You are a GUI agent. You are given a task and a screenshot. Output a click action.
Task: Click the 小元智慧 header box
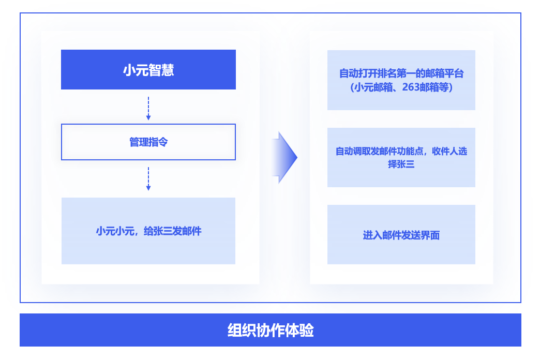[x=148, y=70]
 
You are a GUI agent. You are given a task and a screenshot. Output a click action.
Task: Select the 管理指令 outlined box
[x=148, y=142]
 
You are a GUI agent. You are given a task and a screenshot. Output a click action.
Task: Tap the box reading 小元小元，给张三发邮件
[x=148, y=231]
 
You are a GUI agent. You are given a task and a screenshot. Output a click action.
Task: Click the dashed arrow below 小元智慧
[x=148, y=109]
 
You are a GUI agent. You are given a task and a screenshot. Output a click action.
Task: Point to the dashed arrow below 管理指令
[x=148, y=179]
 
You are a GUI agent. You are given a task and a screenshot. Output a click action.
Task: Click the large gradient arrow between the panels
[x=284, y=157]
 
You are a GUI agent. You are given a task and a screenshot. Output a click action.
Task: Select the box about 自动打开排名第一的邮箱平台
[x=401, y=80]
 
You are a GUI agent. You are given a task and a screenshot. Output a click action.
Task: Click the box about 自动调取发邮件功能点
[x=401, y=157]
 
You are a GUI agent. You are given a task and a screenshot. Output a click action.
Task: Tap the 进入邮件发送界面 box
[x=401, y=235]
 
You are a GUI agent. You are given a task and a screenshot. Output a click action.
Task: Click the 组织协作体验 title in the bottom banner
[x=271, y=331]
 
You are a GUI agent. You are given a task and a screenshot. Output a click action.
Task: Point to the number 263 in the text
[x=411, y=87]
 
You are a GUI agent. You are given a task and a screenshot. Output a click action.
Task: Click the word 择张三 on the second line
[x=401, y=164]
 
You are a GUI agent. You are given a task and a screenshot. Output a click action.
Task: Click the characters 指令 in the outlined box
[x=158, y=142]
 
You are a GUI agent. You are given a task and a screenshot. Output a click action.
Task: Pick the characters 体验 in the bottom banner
[x=299, y=331]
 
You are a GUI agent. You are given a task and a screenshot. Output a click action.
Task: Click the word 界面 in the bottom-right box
[x=430, y=235]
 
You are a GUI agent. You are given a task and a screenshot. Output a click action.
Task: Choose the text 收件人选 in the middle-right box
[x=449, y=151]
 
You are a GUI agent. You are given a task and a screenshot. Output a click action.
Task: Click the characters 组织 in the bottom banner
[x=242, y=331]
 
